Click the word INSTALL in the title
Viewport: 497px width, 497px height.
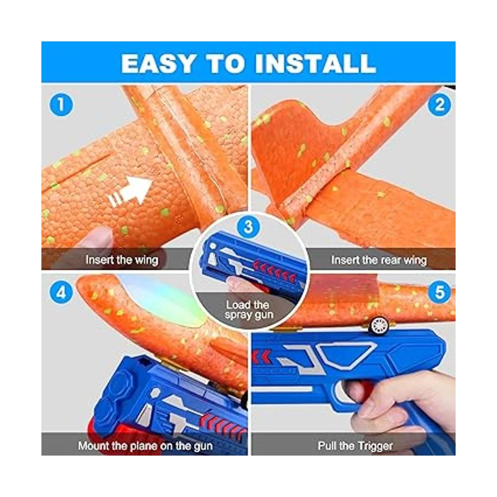(316, 63)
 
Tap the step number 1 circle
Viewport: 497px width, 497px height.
(61, 105)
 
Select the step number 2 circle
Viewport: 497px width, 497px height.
(440, 105)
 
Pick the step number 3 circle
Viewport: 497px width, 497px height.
(248, 227)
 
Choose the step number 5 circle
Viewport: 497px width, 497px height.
(440, 292)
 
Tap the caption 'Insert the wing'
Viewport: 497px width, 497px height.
(122, 260)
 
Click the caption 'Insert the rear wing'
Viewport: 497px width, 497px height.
(379, 260)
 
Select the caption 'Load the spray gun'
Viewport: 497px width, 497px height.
(248, 310)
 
